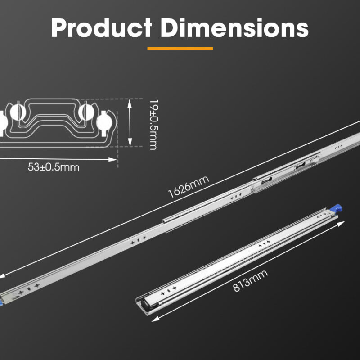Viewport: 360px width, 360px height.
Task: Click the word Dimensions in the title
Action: click(x=234, y=28)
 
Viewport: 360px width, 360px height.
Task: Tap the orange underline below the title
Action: click(x=180, y=49)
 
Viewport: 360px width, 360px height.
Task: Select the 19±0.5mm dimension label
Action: click(x=154, y=125)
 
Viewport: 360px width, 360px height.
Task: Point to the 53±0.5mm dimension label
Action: click(x=54, y=167)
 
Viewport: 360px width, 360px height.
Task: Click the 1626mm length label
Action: click(x=189, y=187)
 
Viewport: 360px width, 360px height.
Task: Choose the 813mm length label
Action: click(x=250, y=280)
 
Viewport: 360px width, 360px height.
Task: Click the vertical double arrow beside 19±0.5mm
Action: click(x=130, y=123)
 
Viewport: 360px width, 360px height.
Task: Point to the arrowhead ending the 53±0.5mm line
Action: click(x=113, y=160)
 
